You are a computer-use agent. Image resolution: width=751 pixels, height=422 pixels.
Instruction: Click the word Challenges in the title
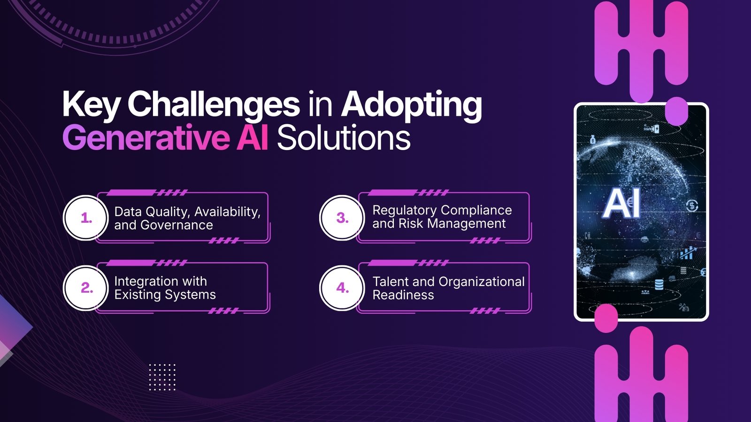tap(214, 104)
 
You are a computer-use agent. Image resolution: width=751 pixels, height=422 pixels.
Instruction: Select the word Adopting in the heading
tap(411, 104)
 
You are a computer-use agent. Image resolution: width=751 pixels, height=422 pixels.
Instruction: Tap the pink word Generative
tap(146, 138)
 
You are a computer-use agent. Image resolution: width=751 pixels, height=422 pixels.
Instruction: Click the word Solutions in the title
tap(344, 138)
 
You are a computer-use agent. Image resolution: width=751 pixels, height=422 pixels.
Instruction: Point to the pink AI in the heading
tap(253, 138)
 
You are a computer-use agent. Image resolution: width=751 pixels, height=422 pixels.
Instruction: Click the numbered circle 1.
tap(86, 218)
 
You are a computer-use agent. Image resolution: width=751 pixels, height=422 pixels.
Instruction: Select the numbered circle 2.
tap(86, 288)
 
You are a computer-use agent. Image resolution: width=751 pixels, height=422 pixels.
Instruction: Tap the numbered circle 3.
tap(342, 218)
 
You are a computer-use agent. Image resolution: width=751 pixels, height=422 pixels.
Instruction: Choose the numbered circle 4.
tap(342, 288)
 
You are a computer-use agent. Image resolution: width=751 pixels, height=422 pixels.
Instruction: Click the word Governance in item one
tap(176, 226)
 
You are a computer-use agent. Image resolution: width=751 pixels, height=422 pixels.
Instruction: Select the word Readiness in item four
tap(403, 295)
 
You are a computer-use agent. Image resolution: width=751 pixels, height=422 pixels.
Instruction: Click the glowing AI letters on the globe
tap(622, 204)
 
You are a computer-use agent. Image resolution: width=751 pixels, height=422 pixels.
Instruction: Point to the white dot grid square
tap(162, 377)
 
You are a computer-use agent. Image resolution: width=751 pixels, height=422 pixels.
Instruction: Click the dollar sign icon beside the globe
tap(692, 205)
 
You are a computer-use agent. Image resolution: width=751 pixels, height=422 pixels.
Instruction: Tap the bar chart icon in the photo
tap(687, 254)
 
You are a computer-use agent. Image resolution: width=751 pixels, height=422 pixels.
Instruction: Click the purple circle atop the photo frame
tap(676, 111)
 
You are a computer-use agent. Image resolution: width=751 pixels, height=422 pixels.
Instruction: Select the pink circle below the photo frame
tap(606, 318)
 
